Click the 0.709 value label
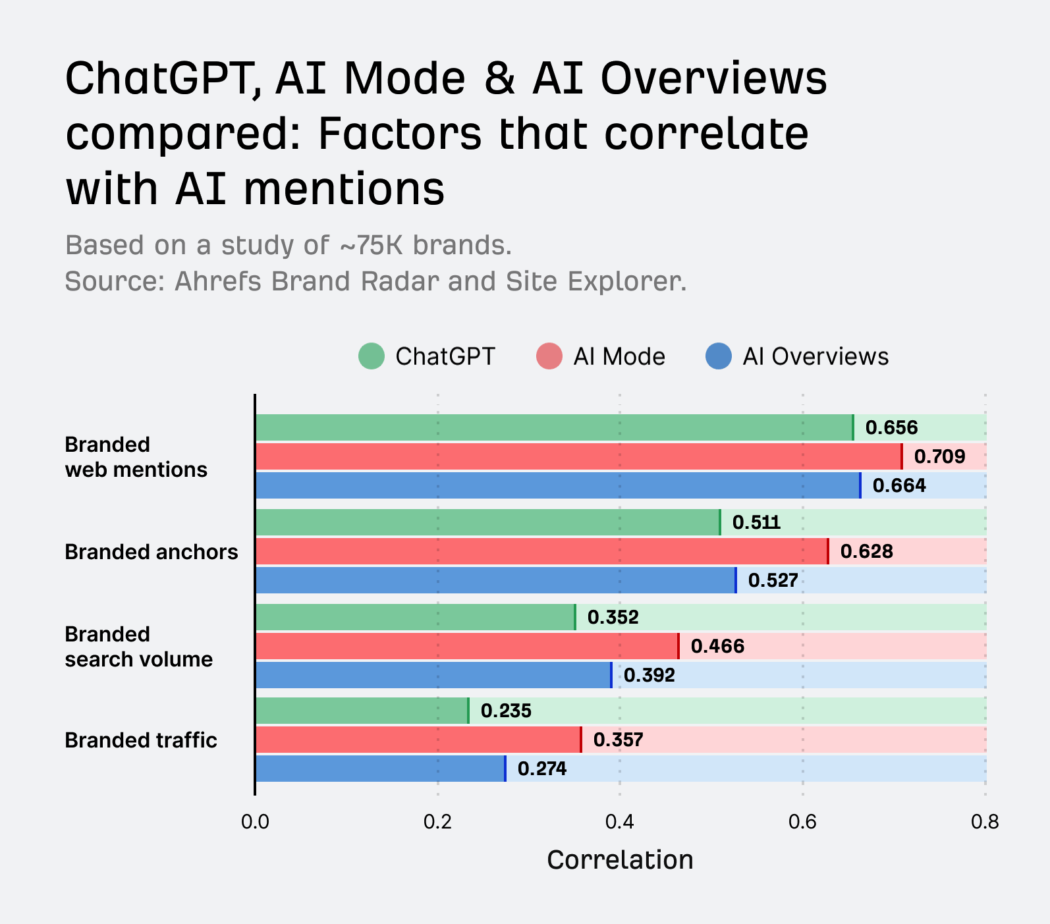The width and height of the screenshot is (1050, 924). (x=939, y=456)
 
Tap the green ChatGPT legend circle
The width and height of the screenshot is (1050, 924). (x=372, y=356)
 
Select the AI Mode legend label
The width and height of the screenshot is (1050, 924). (x=619, y=356)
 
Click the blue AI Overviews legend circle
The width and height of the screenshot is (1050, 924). (x=719, y=356)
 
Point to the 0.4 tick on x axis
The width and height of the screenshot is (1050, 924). (x=620, y=822)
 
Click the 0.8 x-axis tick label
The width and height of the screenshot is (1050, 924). (x=985, y=822)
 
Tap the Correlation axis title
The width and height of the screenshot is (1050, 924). (x=620, y=860)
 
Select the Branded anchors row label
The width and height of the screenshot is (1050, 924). (x=152, y=552)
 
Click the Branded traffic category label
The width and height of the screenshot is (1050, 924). (x=141, y=740)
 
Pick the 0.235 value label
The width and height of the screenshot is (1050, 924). (x=506, y=711)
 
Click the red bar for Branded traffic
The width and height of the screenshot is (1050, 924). (x=418, y=740)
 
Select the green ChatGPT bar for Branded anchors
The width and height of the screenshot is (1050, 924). (x=487, y=522)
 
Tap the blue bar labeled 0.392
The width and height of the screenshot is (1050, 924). (x=433, y=675)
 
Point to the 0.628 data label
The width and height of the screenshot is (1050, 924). (x=866, y=551)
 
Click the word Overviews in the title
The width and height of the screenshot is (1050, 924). (x=713, y=78)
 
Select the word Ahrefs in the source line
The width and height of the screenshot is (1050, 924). (x=219, y=282)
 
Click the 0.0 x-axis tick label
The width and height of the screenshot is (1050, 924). (x=255, y=822)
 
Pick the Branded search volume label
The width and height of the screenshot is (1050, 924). (x=138, y=647)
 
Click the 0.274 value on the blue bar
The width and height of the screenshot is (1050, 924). (x=541, y=769)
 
